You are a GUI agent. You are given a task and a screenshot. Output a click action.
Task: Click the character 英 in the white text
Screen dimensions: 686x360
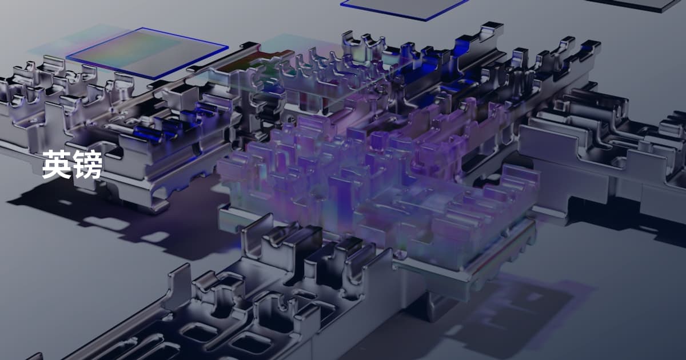tap(57, 164)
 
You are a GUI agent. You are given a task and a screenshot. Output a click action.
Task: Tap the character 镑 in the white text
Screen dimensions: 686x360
tap(87, 164)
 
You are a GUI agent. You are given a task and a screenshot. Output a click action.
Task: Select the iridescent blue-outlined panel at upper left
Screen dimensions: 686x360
tap(147, 53)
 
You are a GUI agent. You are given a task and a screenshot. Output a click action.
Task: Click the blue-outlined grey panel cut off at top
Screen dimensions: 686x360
tap(404, 8)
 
